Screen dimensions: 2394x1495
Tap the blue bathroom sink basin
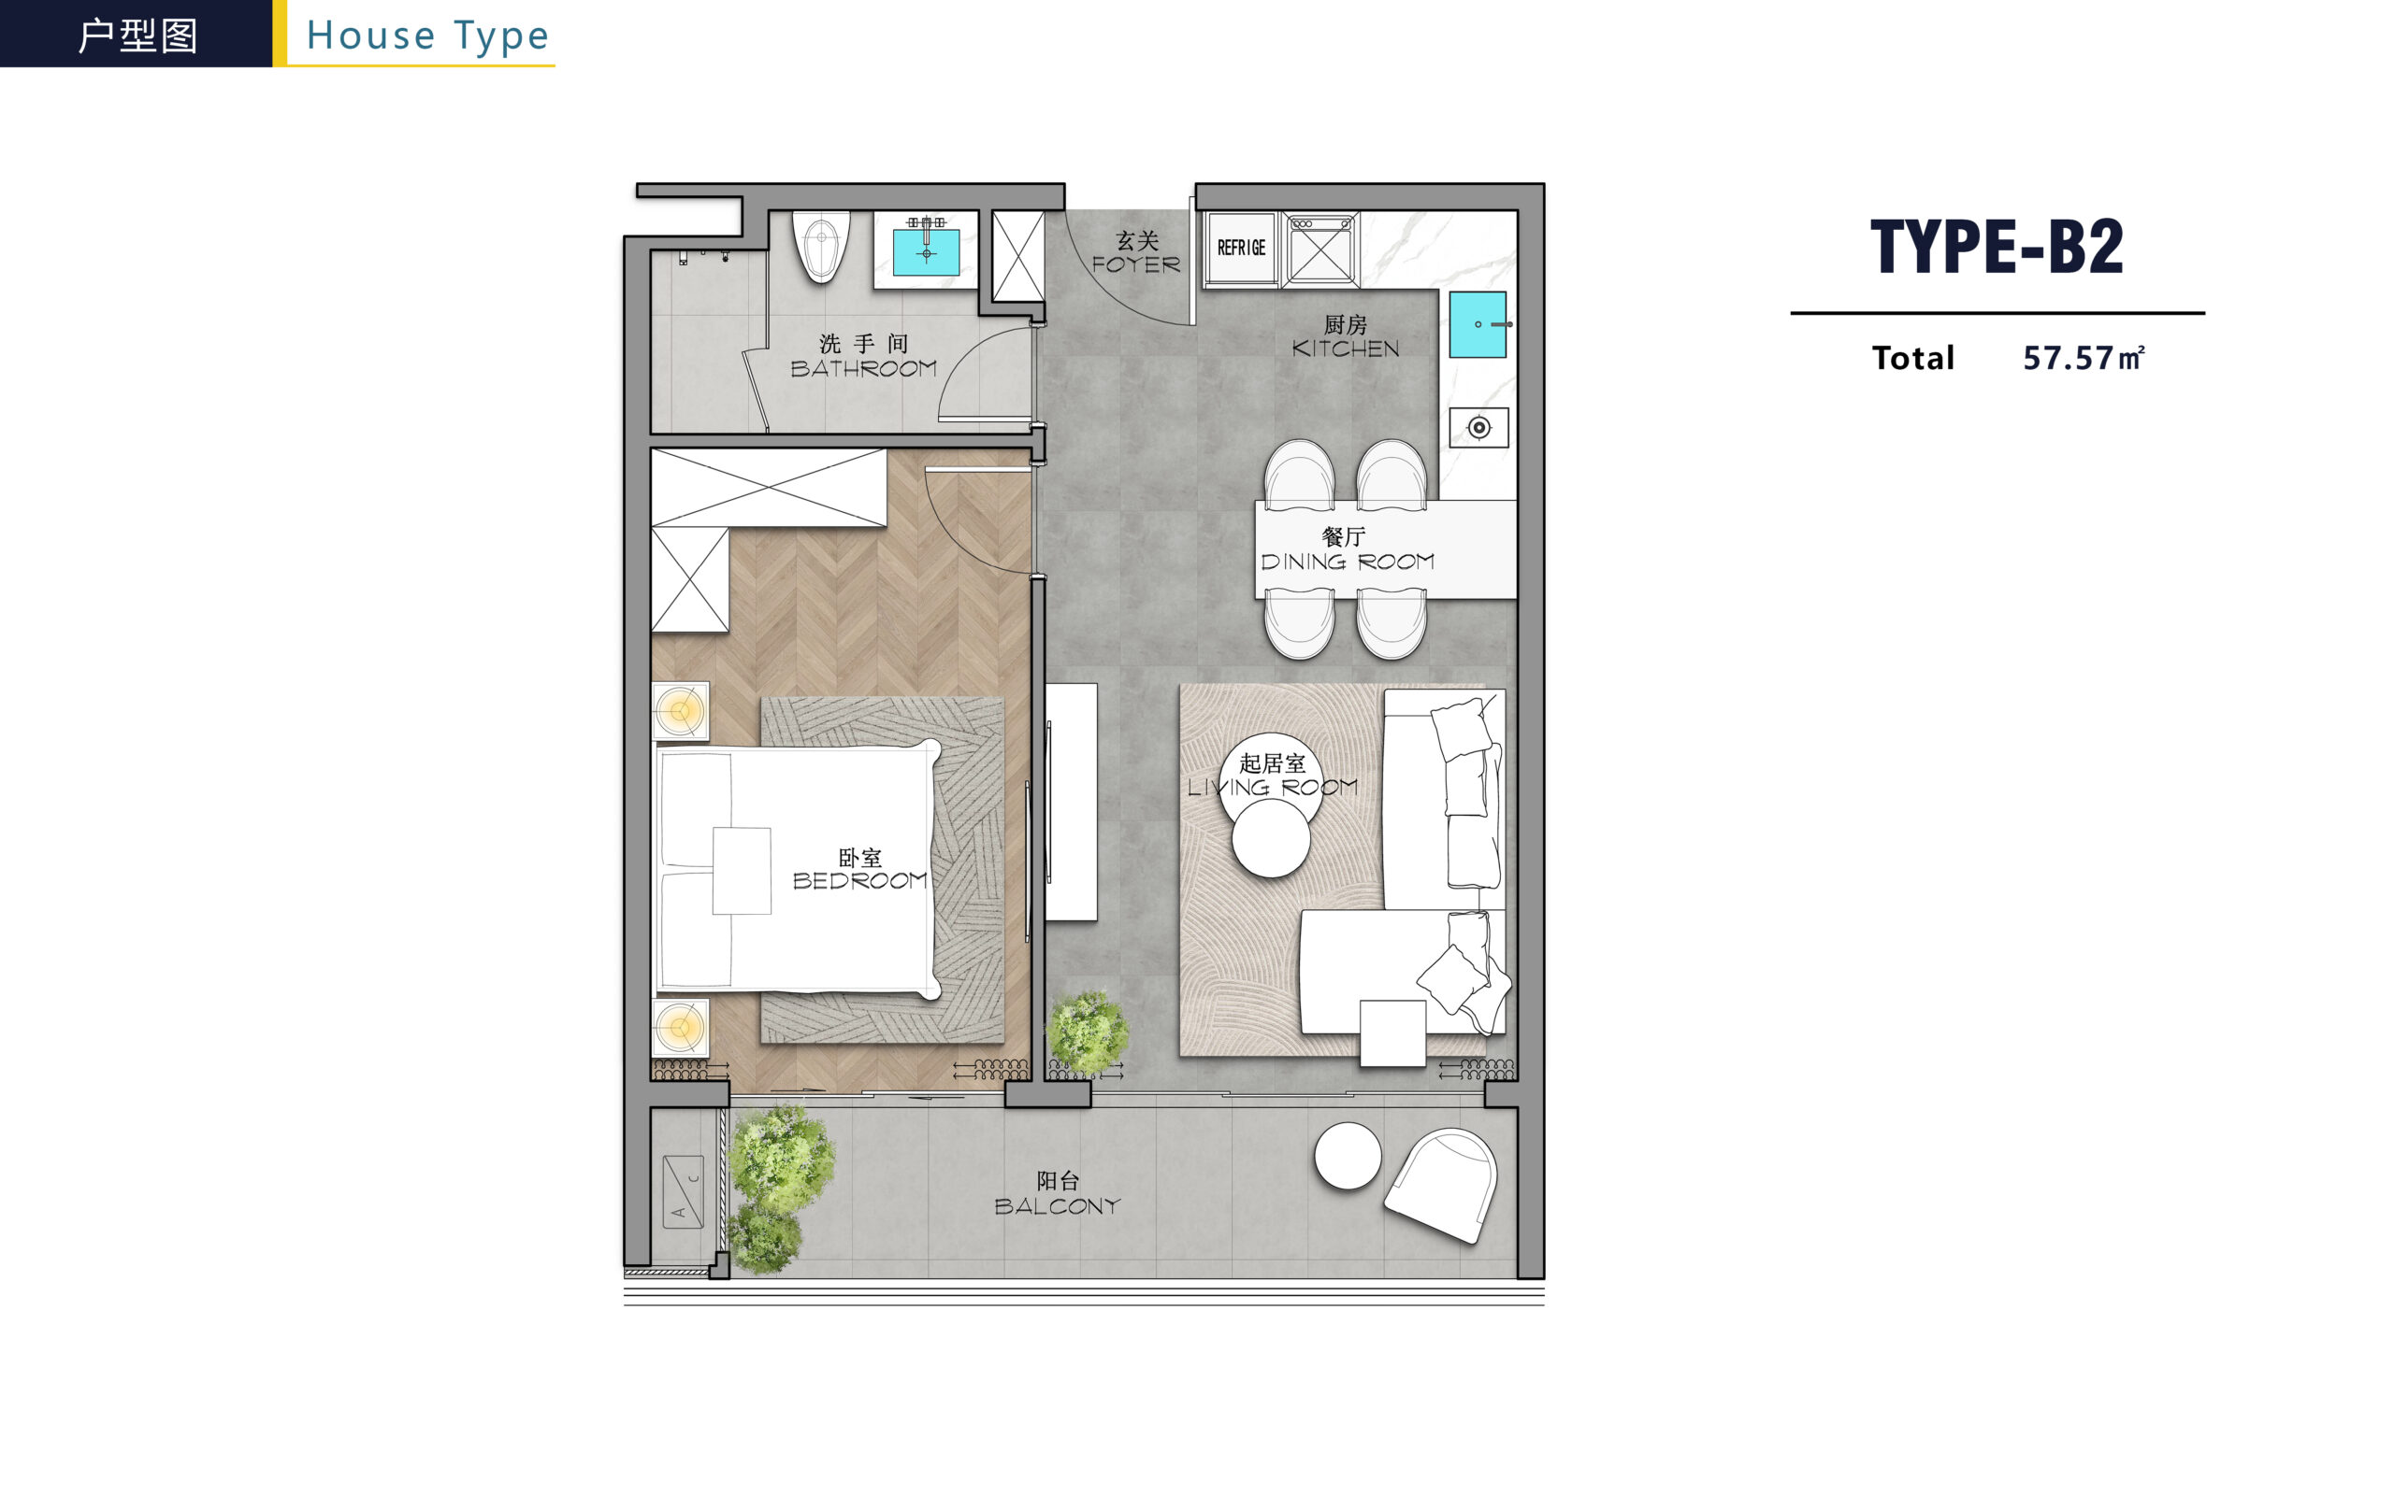926,252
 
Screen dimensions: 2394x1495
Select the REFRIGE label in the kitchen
1241,248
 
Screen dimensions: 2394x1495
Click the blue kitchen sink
1478,324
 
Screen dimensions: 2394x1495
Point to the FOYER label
1135,265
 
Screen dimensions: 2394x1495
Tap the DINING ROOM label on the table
1348,562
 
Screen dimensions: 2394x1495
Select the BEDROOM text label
859,880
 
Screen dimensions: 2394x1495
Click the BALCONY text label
1057,1206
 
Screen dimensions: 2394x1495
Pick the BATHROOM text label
864,369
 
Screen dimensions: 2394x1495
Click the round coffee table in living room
1271,838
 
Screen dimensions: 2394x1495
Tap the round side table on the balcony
1348,1156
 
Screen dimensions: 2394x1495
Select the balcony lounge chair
1441,1185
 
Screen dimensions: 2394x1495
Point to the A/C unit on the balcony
683,1191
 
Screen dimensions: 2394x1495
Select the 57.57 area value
2068,358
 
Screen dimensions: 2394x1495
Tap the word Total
1912,358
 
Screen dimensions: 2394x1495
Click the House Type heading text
427,36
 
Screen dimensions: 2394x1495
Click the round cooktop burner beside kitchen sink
1478,427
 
